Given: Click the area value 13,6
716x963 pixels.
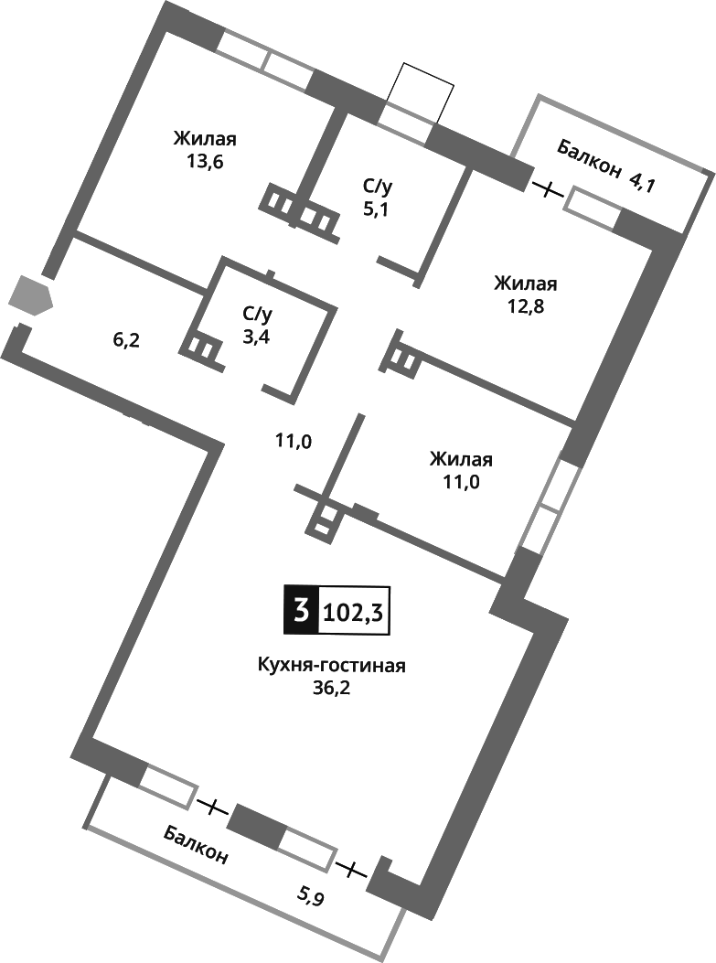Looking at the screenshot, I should tap(205, 162).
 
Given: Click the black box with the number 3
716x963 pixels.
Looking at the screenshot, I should tap(299, 610).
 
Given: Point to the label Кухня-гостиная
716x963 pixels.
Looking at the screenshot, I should tap(331, 665).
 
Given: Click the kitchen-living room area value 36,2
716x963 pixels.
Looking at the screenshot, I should tap(331, 687).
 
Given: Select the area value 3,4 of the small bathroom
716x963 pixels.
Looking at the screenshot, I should tap(257, 336).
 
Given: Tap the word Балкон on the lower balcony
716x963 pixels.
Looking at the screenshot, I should tap(197, 844).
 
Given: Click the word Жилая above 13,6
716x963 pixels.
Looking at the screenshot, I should tap(205, 139).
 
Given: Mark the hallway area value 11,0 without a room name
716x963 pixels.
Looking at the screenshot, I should tap(294, 442).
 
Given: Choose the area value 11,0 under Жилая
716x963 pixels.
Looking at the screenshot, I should tap(462, 482).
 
